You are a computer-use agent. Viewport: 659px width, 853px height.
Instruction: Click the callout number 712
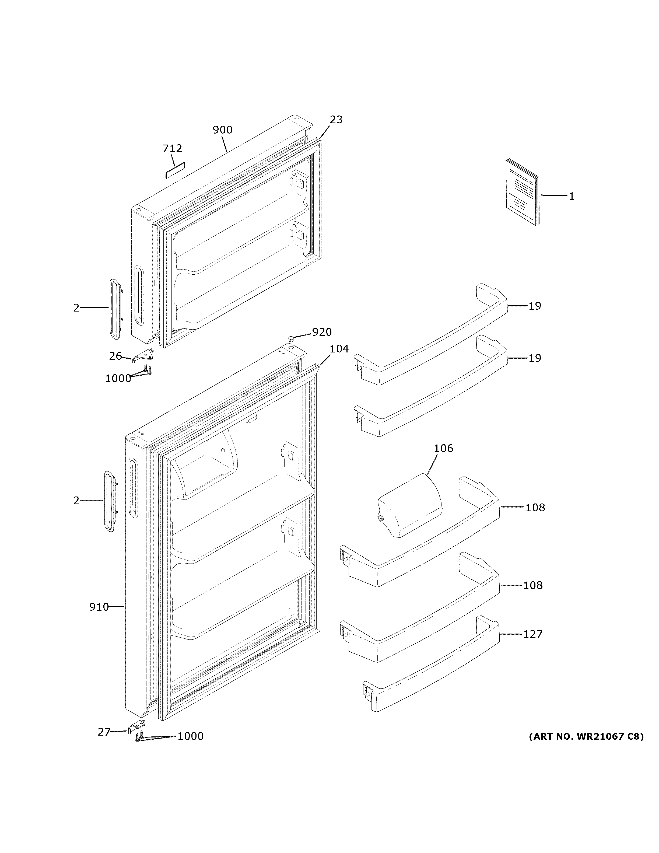(172, 148)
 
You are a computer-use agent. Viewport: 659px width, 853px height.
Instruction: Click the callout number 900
(223, 130)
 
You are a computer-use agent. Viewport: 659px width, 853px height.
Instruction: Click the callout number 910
(99, 607)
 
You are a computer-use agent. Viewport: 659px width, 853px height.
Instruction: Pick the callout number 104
(339, 349)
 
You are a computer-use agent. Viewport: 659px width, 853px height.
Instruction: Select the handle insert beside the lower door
(110, 501)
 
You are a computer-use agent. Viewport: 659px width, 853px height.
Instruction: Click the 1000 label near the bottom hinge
(191, 736)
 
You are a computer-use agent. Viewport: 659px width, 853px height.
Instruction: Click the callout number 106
(443, 448)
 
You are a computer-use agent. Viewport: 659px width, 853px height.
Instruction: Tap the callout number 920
(322, 332)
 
